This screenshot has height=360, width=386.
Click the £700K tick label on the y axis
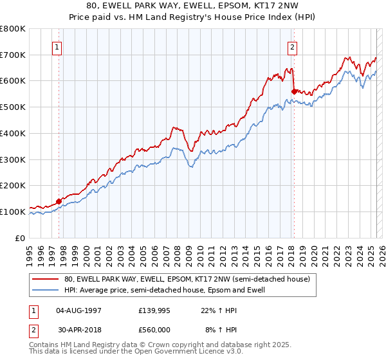click(x=13, y=55)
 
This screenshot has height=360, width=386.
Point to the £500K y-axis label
click(x=13, y=107)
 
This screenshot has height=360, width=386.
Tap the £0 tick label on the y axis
click(x=21, y=238)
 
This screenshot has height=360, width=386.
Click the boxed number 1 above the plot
click(x=58, y=46)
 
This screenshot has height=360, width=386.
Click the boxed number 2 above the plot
click(x=293, y=46)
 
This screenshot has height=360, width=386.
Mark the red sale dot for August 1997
click(x=59, y=201)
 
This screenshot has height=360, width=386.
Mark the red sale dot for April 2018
click(x=294, y=92)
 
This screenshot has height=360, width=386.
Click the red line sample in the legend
click(x=46, y=279)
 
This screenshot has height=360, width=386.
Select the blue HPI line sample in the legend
click(x=46, y=290)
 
